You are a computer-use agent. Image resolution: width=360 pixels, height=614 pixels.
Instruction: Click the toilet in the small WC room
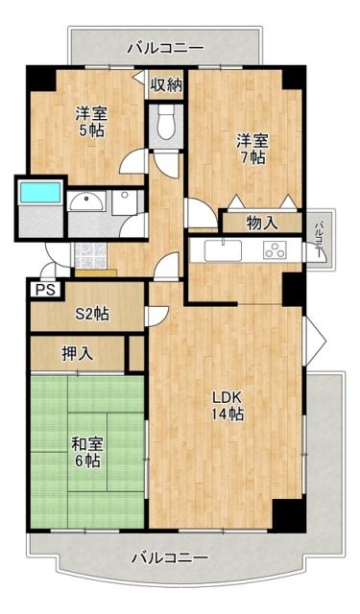tap(165, 124)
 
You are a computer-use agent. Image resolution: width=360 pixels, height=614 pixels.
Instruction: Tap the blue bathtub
tap(40, 194)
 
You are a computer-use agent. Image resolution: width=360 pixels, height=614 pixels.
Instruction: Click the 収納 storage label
tap(165, 84)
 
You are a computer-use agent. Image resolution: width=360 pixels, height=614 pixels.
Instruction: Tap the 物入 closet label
tap(261, 223)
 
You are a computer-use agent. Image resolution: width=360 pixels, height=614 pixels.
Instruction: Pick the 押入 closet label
tap(80, 353)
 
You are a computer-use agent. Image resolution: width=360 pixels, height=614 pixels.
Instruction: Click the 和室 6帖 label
tap(86, 452)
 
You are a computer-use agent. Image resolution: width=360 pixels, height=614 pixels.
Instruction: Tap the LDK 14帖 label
tap(227, 406)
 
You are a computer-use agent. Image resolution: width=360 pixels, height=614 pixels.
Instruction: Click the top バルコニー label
tap(163, 46)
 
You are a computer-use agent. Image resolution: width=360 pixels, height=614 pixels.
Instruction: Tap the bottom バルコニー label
tap(169, 557)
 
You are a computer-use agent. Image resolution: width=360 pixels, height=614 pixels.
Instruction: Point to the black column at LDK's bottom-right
tap(284, 514)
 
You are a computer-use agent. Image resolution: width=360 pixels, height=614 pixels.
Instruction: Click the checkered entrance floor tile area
tap(88, 254)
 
